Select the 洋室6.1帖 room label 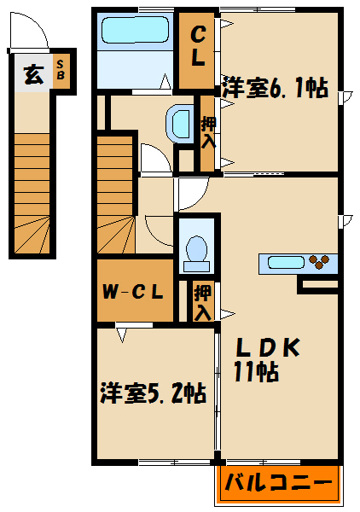click(x=276, y=88)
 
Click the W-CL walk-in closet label click(x=133, y=291)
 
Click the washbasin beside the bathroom click(x=181, y=124)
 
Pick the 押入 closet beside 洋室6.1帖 click(x=206, y=132)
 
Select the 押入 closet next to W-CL click(x=201, y=302)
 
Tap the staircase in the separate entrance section click(x=32, y=192)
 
